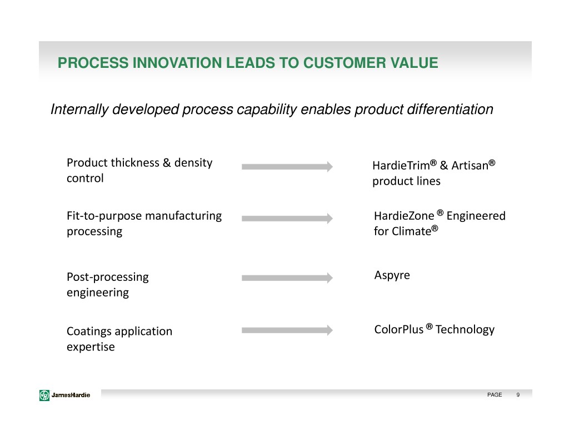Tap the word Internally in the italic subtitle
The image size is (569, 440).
point(79,110)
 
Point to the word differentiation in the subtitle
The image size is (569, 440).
point(450,110)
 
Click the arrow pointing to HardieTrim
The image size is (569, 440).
point(287,166)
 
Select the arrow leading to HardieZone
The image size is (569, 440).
point(287,219)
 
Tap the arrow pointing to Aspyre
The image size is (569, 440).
point(287,278)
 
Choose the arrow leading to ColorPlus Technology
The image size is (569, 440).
point(287,330)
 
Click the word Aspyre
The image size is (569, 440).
point(392,276)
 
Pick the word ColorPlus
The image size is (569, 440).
point(399,329)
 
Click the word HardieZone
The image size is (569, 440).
point(404,216)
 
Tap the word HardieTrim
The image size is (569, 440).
point(401,165)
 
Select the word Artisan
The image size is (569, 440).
point(470,165)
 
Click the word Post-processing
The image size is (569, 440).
point(108,277)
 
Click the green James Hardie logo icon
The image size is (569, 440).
point(44,395)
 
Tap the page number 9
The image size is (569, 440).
point(518,394)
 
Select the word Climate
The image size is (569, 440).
point(413,231)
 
